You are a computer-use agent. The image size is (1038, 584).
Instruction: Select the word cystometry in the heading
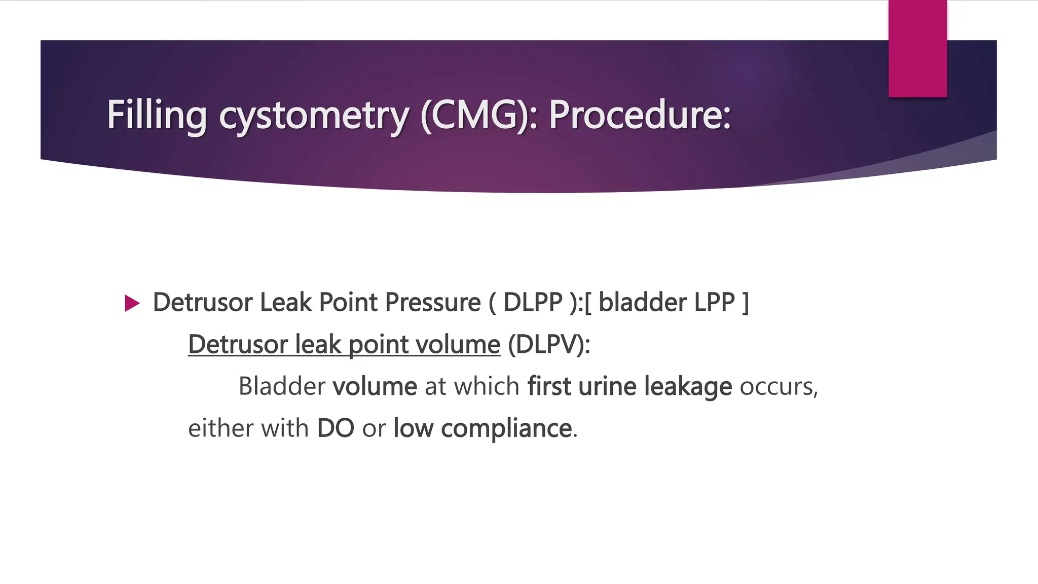coord(313,116)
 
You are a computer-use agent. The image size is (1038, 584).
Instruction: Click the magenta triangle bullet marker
coord(132,303)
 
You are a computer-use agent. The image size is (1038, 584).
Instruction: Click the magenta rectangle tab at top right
coord(917,49)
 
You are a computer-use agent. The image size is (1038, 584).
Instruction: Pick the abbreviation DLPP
coord(533,303)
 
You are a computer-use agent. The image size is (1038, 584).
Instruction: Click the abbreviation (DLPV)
coord(548,345)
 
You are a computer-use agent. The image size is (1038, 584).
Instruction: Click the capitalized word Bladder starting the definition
coord(281,386)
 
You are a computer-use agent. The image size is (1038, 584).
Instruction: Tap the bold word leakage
coord(688,387)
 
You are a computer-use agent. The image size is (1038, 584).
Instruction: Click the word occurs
coord(778,387)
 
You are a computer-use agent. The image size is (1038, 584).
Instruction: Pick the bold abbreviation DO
coord(335,428)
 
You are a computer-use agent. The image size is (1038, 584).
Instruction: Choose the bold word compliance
coord(506,429)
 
